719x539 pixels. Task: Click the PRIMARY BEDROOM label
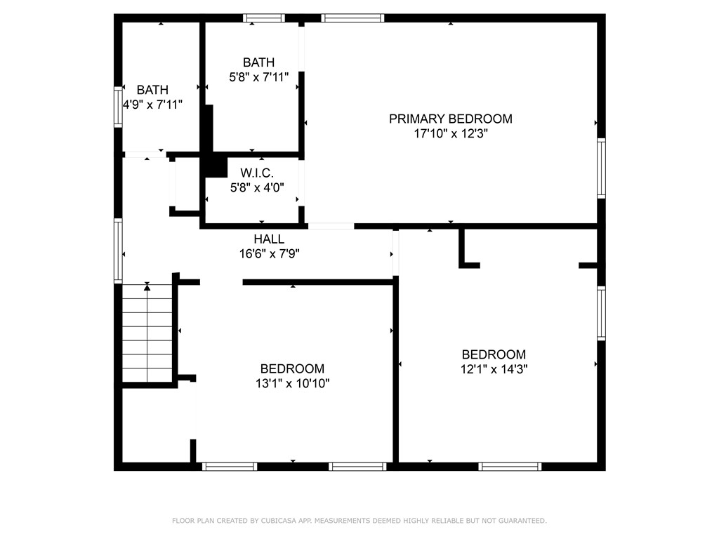coord(450,119)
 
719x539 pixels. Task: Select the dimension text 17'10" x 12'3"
coord(450,133)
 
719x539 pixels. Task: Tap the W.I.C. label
coord(256,173)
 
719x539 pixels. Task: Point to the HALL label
coord(269,239)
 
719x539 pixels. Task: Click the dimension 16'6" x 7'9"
coord(269,254)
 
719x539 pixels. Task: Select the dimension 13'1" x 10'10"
coord(292,383)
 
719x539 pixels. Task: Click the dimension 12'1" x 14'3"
coord(493,369)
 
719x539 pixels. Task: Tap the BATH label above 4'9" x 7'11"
coord(152,90)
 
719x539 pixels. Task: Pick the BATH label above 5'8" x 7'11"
coord(258,62)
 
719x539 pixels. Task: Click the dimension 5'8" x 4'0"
coord(256,187)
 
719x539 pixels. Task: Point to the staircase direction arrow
coord(147,286)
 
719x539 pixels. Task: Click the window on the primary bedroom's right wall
coord(601,168)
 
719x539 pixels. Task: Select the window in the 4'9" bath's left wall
coord(119,107)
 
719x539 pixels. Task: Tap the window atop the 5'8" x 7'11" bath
coord(264,18)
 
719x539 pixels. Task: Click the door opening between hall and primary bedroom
coord(331,226)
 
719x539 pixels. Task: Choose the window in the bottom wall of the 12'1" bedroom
coord(510,466)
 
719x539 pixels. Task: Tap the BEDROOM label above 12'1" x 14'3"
coord(493,354)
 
